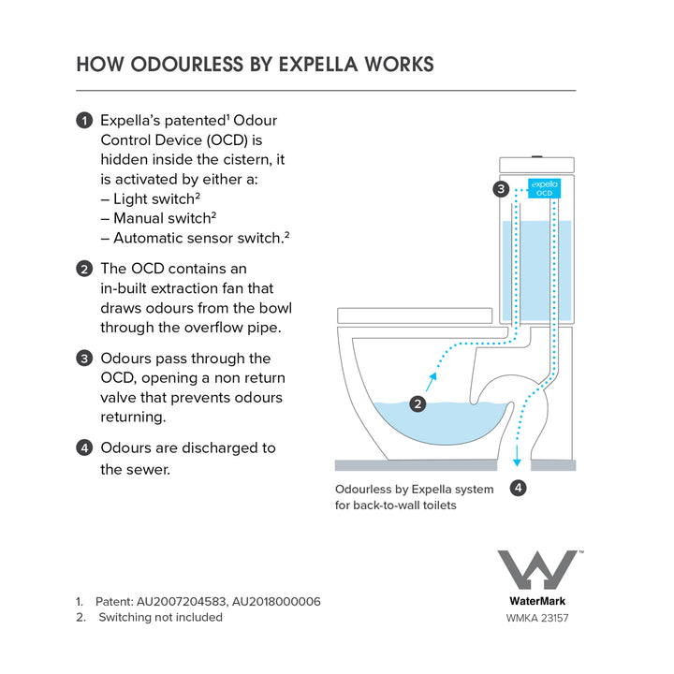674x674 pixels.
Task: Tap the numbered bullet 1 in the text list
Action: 85,121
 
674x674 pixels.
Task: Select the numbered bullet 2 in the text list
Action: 85,269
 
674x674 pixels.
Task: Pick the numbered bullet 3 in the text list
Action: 85,359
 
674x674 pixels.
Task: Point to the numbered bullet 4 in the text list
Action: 85,448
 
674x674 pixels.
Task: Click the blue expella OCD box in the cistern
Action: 544,187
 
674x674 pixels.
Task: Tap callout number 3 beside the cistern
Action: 502,189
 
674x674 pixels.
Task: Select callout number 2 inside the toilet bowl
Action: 418,404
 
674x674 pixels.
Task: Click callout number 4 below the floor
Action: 518,487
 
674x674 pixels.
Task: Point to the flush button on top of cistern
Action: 536,156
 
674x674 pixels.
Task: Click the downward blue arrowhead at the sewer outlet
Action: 516,460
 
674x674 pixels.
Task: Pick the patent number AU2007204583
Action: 182,601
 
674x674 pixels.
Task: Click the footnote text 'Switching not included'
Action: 160,617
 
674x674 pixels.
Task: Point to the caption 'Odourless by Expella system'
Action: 414,489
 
